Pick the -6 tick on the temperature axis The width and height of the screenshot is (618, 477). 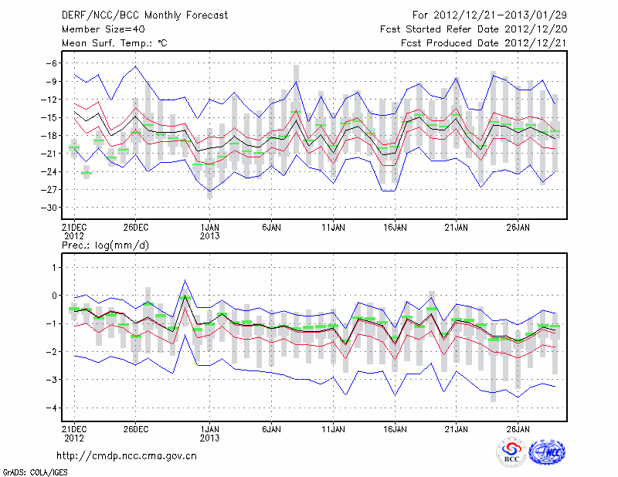[52, 63]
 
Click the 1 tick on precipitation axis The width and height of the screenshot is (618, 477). [54, 267]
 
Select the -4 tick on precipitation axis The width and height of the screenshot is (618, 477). [52, 408]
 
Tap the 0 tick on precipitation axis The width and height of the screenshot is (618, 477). [54, 296]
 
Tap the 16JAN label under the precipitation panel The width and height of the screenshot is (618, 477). [395, 428]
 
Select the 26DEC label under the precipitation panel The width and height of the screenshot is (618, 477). [135, 428]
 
